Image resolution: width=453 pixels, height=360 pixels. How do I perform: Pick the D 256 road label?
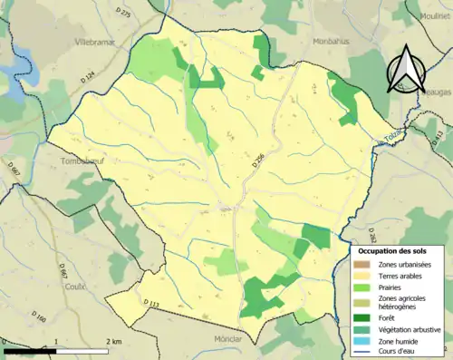259,161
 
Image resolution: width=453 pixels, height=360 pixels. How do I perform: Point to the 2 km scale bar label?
114,341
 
